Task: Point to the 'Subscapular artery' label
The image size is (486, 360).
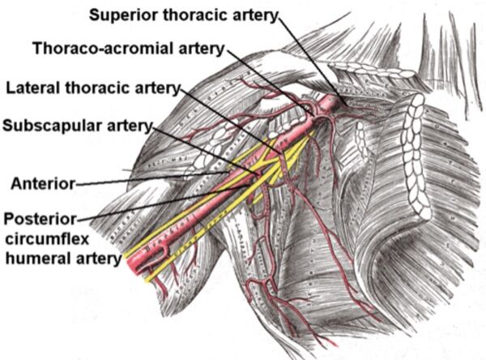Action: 78,125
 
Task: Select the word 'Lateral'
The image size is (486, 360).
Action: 32,86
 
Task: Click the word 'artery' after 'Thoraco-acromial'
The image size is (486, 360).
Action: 198,48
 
